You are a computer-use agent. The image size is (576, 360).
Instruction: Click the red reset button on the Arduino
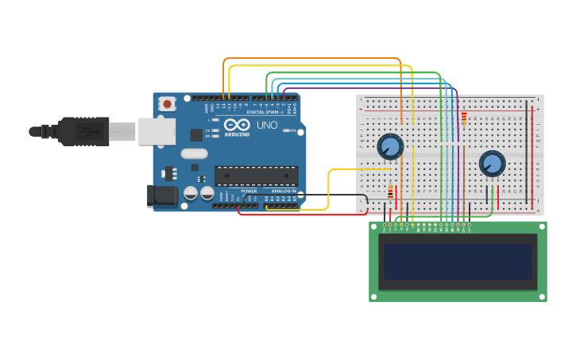167,103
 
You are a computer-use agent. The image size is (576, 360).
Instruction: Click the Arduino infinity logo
237,125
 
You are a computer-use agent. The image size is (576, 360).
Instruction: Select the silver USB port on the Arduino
157,131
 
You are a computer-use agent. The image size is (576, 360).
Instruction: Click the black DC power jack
162,195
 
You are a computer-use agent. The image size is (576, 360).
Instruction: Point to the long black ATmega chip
256,176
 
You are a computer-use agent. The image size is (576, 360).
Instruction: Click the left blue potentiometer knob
390,146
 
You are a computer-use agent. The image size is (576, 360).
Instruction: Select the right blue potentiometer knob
492,164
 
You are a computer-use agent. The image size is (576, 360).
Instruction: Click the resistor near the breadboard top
464,118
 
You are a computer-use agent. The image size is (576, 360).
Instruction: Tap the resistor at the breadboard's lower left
390,192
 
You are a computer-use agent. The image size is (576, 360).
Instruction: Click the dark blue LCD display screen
457,261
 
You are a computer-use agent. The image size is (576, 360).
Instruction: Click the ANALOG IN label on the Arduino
284,191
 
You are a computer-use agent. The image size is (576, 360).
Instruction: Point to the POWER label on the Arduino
249,191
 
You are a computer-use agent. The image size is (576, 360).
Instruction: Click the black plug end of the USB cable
83,131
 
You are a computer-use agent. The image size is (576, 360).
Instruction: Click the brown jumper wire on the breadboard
401,183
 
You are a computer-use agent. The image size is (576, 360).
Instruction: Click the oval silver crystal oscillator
194,153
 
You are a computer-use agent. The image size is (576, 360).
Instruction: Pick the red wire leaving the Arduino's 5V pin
302,215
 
